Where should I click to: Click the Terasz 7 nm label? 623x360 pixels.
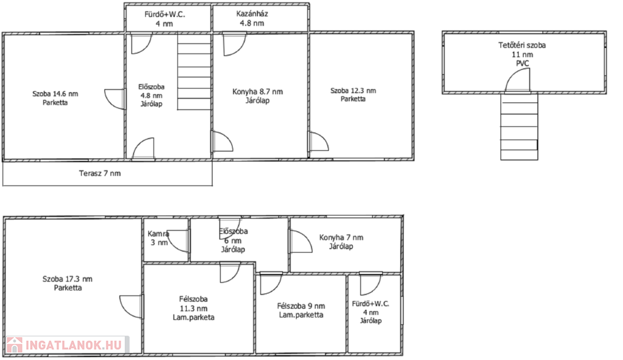[100, 173]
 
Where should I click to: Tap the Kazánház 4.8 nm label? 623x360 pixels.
[252, 18]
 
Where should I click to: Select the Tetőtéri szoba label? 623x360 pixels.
[522, 45]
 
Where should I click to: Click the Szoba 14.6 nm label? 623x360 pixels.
[55, 98]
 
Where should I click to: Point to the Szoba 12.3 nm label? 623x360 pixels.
[353, 95]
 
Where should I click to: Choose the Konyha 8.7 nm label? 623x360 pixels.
[257, 95]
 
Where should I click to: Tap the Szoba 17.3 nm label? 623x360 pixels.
[68, 283]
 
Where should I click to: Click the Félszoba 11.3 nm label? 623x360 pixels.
[193, 308]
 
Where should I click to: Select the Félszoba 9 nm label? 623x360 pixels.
[301, 310]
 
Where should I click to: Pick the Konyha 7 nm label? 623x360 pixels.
[341, 241]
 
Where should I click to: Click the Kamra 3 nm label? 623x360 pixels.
[159, 238]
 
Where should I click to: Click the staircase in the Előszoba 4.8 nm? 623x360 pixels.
[194, 72]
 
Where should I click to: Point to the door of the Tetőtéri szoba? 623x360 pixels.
[518, 80]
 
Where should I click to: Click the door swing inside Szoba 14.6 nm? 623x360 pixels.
[115, 99]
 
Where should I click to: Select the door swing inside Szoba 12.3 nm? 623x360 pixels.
[319, 142]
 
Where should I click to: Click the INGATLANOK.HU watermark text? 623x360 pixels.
[74, 345]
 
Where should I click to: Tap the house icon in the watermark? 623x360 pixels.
[15, 345]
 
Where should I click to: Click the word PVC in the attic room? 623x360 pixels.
[523, 64]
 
